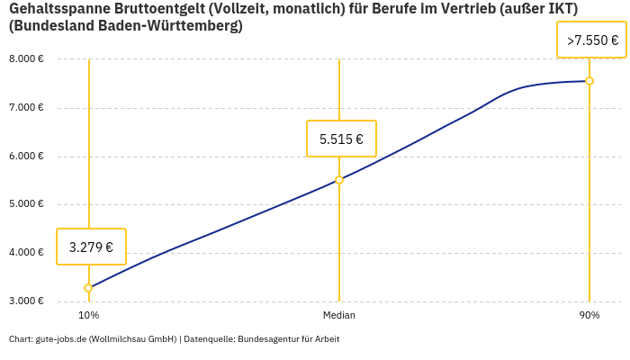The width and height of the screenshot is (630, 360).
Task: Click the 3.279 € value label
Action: pyautogui.click(x=91, y=247)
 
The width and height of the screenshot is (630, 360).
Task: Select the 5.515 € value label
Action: pyautogui.click(x=341, y=139)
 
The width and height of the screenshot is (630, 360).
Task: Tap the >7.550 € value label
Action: pyautogui.click(x=591, y=40)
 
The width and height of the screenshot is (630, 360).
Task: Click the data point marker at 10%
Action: pyautogui.click(x=88, y=288)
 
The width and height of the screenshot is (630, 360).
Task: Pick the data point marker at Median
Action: pyautogui.click(x=339, y=180)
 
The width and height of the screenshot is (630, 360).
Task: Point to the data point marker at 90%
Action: pyautogui.click(x=589, y=81)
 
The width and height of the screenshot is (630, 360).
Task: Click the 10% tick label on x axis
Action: pyautogui.click(x=88, y=315)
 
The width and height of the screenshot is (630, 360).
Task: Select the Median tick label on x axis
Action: pyautogui.click(x=339, y=315)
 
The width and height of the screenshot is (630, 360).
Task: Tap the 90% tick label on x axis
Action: pyautogui.click(x=589, y=315)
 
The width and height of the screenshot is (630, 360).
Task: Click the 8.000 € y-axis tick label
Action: pyautogui.click(x=26, y=59)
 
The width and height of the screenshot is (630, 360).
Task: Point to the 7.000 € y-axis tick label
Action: pyautogui.click(x=26, y=108)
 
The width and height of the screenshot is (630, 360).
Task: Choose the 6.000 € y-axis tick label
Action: pyautogui.click(x=26, y=157)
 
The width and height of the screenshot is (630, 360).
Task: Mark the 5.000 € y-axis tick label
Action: pyautogui.click(x=26, y=204)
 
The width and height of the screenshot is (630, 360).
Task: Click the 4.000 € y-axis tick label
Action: pyautogui.click(x=26, y=253)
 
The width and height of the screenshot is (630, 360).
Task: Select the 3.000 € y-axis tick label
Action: pyautogui.click(x=26, y=301)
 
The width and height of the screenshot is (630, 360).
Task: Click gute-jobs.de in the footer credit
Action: pyautogui.click(x=60, y=339)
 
